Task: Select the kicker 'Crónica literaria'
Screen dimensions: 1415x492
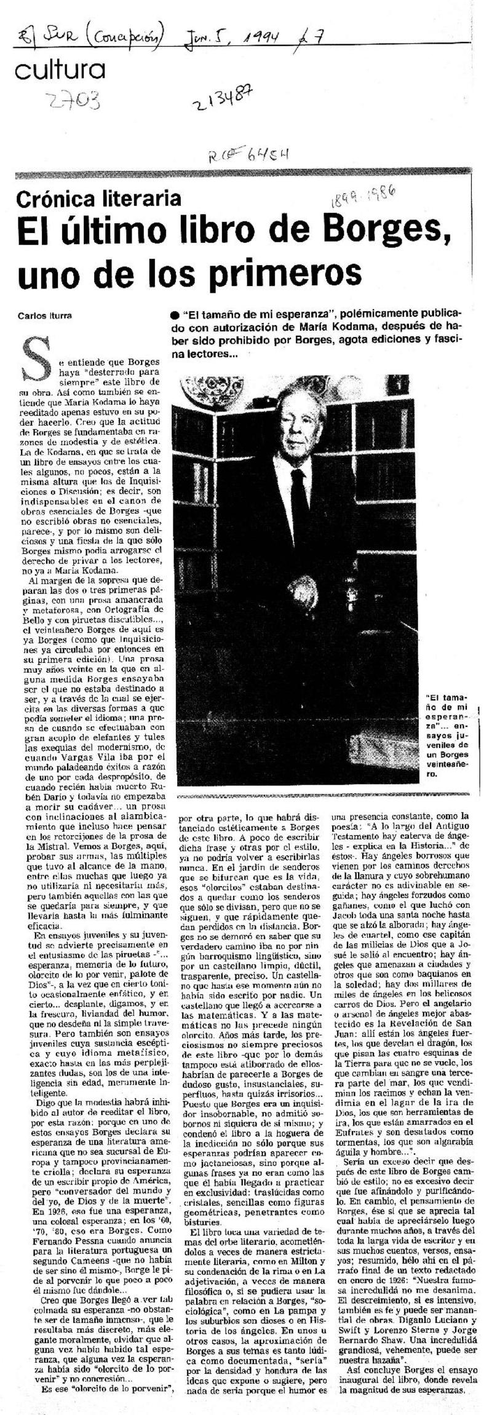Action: click(x=99, y=198)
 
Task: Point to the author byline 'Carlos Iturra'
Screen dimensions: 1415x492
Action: click(x=45, y=315)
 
